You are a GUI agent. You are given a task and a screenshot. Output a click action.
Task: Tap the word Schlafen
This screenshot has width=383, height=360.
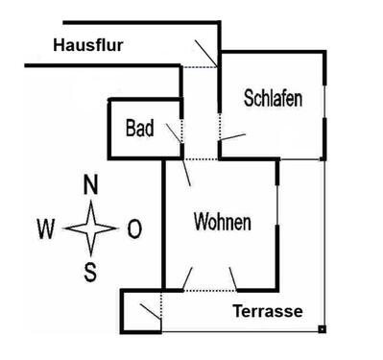click(x=274, y=98)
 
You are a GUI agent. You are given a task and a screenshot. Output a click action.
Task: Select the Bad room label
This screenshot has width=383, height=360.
click(x=141, y=129)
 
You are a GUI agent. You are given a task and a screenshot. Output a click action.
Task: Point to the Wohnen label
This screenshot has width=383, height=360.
click(x=223, y=223)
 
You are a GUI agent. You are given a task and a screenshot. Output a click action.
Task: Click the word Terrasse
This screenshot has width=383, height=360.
click(x=269, y=312)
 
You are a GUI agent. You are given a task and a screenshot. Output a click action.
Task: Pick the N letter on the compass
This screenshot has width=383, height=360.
click(x=90, y=184)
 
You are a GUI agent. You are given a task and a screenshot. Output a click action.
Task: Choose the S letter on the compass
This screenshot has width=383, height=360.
click(x=91, y=272)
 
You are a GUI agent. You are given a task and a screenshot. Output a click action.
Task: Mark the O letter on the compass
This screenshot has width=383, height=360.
click(x=134, y=228)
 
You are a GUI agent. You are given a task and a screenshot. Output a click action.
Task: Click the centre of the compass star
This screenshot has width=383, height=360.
click(x=91, y=228)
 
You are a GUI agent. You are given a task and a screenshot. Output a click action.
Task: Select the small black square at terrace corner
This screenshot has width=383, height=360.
click(x=323, y=329)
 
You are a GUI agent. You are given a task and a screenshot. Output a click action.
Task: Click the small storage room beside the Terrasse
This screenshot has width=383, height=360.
click(x=141, y=309)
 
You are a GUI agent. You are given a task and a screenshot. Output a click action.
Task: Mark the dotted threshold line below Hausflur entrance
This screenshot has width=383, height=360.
click(x=200, y=65)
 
